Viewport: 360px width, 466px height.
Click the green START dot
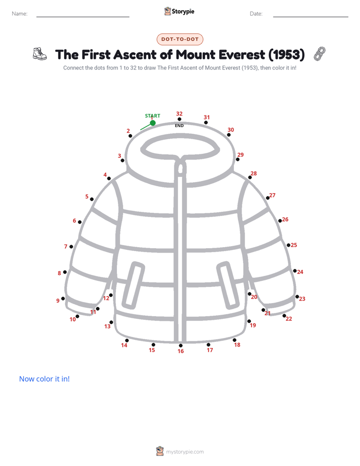153,123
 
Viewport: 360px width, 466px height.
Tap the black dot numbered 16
181,345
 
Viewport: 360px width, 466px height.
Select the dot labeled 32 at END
179,119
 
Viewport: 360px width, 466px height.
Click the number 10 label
73,319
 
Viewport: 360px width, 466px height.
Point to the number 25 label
294,245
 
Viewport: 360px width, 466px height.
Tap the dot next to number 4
109,179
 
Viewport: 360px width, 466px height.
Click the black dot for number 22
284,316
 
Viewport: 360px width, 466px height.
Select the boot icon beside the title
40,54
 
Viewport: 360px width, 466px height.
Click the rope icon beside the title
320,54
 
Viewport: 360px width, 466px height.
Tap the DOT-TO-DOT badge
180,39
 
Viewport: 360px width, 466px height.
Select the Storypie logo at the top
179,11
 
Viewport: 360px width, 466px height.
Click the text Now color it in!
44,379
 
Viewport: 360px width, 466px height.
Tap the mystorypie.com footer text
185,452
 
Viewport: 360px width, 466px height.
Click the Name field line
83,17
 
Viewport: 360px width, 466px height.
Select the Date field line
311,17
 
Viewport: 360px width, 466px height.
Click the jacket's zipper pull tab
180,167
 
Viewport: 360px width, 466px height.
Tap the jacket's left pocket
134,285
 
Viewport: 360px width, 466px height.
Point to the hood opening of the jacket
180,147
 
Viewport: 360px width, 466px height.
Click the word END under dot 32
179,126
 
